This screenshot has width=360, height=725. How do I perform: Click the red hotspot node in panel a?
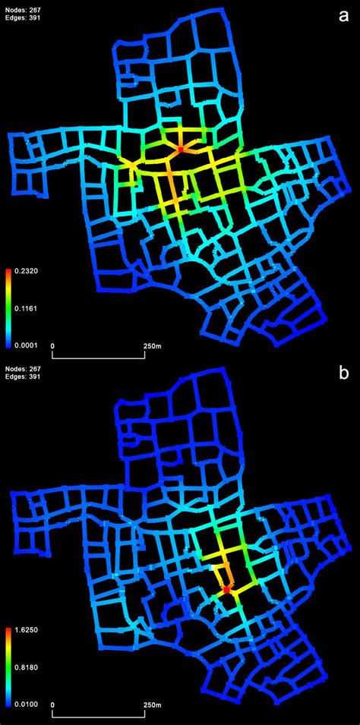(x=180, y=150)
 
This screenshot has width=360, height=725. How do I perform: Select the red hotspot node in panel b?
(x=226, y=588)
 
